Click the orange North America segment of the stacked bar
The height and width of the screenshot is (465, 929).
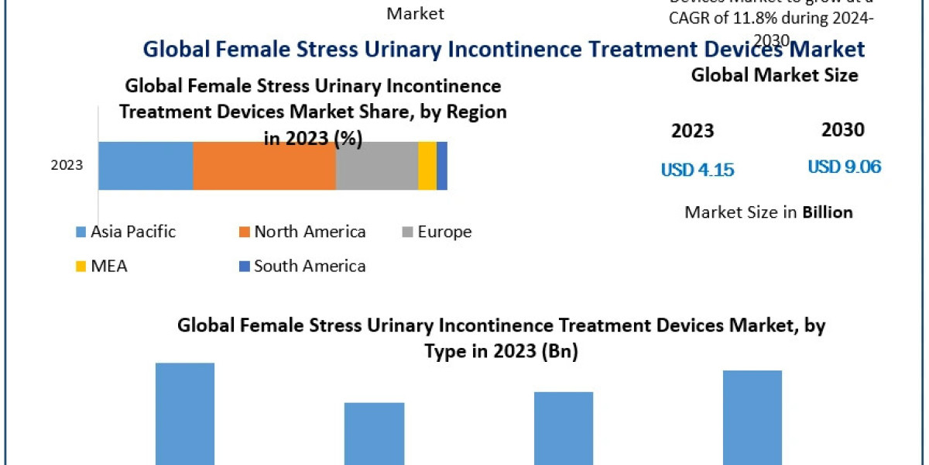264,166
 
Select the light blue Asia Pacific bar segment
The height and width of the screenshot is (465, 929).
146,166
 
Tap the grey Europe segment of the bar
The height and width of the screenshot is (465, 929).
377,166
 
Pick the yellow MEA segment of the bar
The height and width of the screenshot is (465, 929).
427,166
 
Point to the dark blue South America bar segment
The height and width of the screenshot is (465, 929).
442,166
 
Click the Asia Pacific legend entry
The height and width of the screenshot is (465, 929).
125,232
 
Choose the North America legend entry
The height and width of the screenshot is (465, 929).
302,232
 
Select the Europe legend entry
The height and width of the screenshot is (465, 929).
436,232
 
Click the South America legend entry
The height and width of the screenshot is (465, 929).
302,267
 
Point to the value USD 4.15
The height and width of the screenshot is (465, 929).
698,170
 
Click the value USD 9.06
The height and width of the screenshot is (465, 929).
845,167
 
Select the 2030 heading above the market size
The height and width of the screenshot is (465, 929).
843,130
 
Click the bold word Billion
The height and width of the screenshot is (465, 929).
828,212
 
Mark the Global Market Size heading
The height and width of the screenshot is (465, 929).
774,75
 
